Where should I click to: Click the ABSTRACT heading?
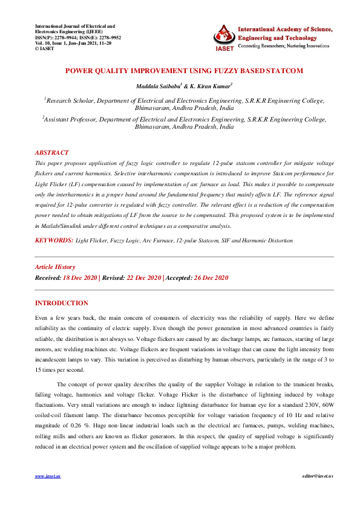[51, 153]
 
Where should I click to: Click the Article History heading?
[55, 267]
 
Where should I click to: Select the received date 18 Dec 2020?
[80, 277]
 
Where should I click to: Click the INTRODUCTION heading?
[61, 303]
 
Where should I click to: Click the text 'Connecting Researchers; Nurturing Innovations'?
[286, 46]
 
